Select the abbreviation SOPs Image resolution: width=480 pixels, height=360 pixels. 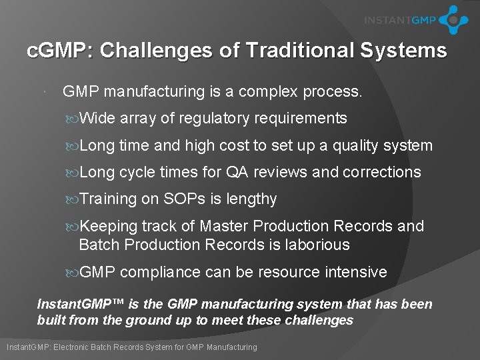pos(184,199)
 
